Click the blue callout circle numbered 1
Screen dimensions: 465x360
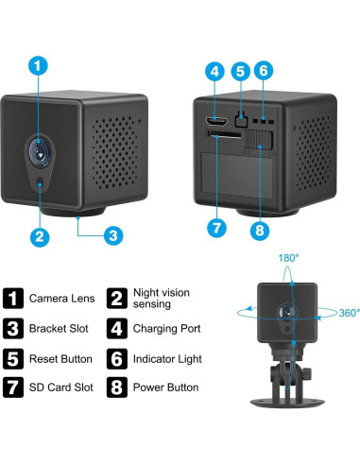pyautogui.click(x=38, y=66)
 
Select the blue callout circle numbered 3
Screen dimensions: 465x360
pyautogui.click(x=111, y=234)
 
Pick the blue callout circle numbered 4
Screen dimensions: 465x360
pyautogui.click(x=215, y=70)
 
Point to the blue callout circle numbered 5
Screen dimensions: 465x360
pyautogui.click(x=240, y=70)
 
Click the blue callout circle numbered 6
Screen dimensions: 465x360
pyautogui.click(x=265, y=70)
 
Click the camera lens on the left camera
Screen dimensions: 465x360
pyautogui.click(x=39, y=148)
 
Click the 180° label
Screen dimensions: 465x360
pyautogui.click(x=288, y=257)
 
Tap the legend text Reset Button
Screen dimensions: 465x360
pyautogui.click(x=61, y=359)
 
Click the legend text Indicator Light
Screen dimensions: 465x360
pyautogui.click(x=167, y=359)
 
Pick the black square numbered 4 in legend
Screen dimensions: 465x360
pyautogui.click(x=117, y=329)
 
